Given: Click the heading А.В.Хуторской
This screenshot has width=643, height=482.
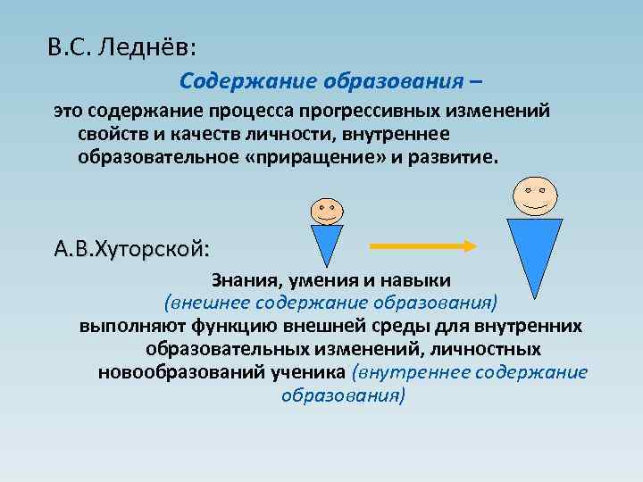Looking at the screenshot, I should pyautogui.click(x=134, y=247).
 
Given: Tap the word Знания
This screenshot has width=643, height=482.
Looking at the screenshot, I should pyautogui.click(x=244, y=280).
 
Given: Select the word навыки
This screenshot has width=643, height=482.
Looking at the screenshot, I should pyautogui.click(x=417, y=280).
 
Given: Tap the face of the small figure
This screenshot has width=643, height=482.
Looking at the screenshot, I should pyautogui.click(x=325, y=210).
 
